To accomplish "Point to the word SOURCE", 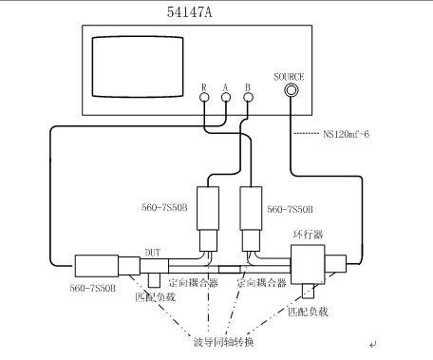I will pos(288,77).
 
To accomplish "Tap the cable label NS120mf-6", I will pos(340,135).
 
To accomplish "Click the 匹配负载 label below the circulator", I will pos(309,311).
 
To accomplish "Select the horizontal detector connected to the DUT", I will pos(95,264).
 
